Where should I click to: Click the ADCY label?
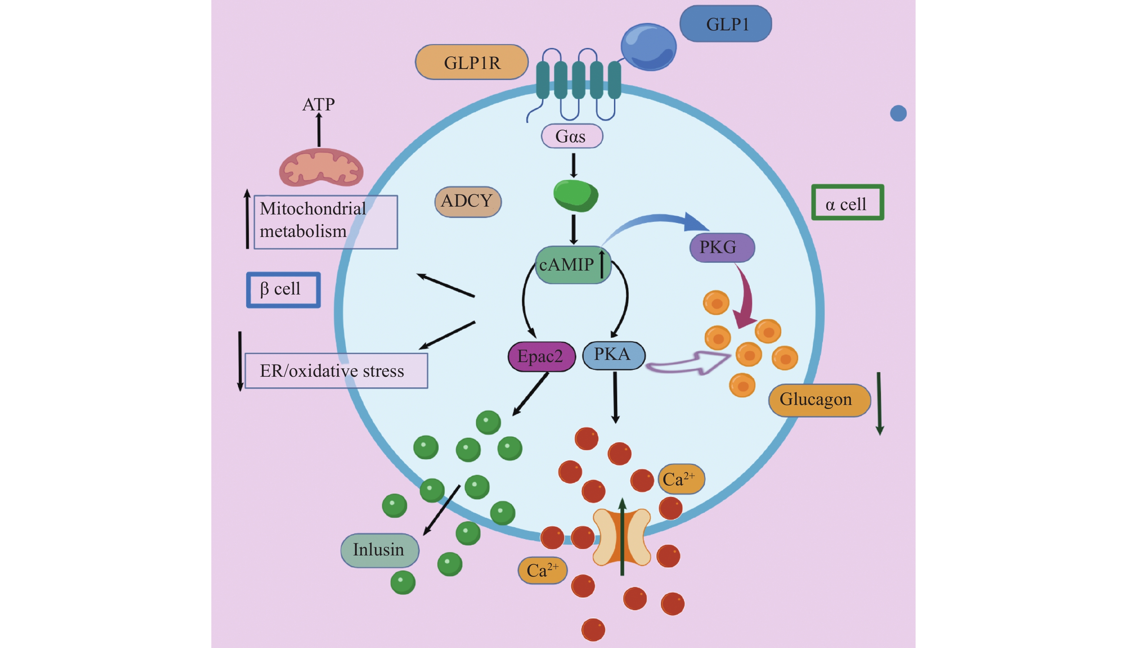(x=468, y=202)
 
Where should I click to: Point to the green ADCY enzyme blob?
(x=575, y=196)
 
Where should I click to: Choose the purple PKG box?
(x=722, y=247)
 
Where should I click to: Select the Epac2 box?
(x=541, y=356)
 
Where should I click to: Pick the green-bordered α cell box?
(x=847, y=203)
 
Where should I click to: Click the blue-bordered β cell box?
(x=283, y=290)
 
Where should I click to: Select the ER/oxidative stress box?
(x=336, y=371)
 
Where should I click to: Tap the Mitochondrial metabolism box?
(x=325, y=222)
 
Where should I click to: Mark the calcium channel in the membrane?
(x=622, y=537)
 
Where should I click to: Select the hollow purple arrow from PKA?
(x=688, y=363)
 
